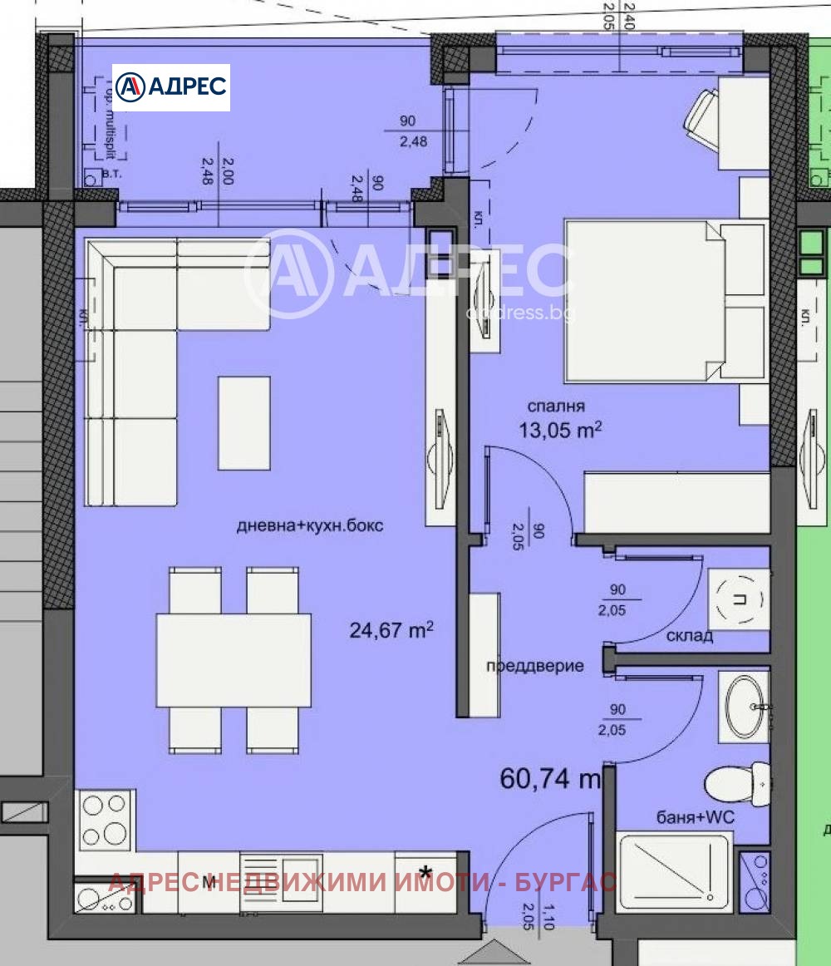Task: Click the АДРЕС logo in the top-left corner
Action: point(171,87)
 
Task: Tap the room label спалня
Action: point(557,407)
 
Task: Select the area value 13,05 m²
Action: point(560,429)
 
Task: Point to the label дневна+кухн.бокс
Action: point(310,526)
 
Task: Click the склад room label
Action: point(689,636)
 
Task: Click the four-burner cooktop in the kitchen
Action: point(105,820)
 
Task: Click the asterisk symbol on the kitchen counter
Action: point(425,873)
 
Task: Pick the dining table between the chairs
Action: point(234,660)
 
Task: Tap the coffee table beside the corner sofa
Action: point(243,422)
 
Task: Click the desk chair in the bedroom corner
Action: point(701,121)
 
